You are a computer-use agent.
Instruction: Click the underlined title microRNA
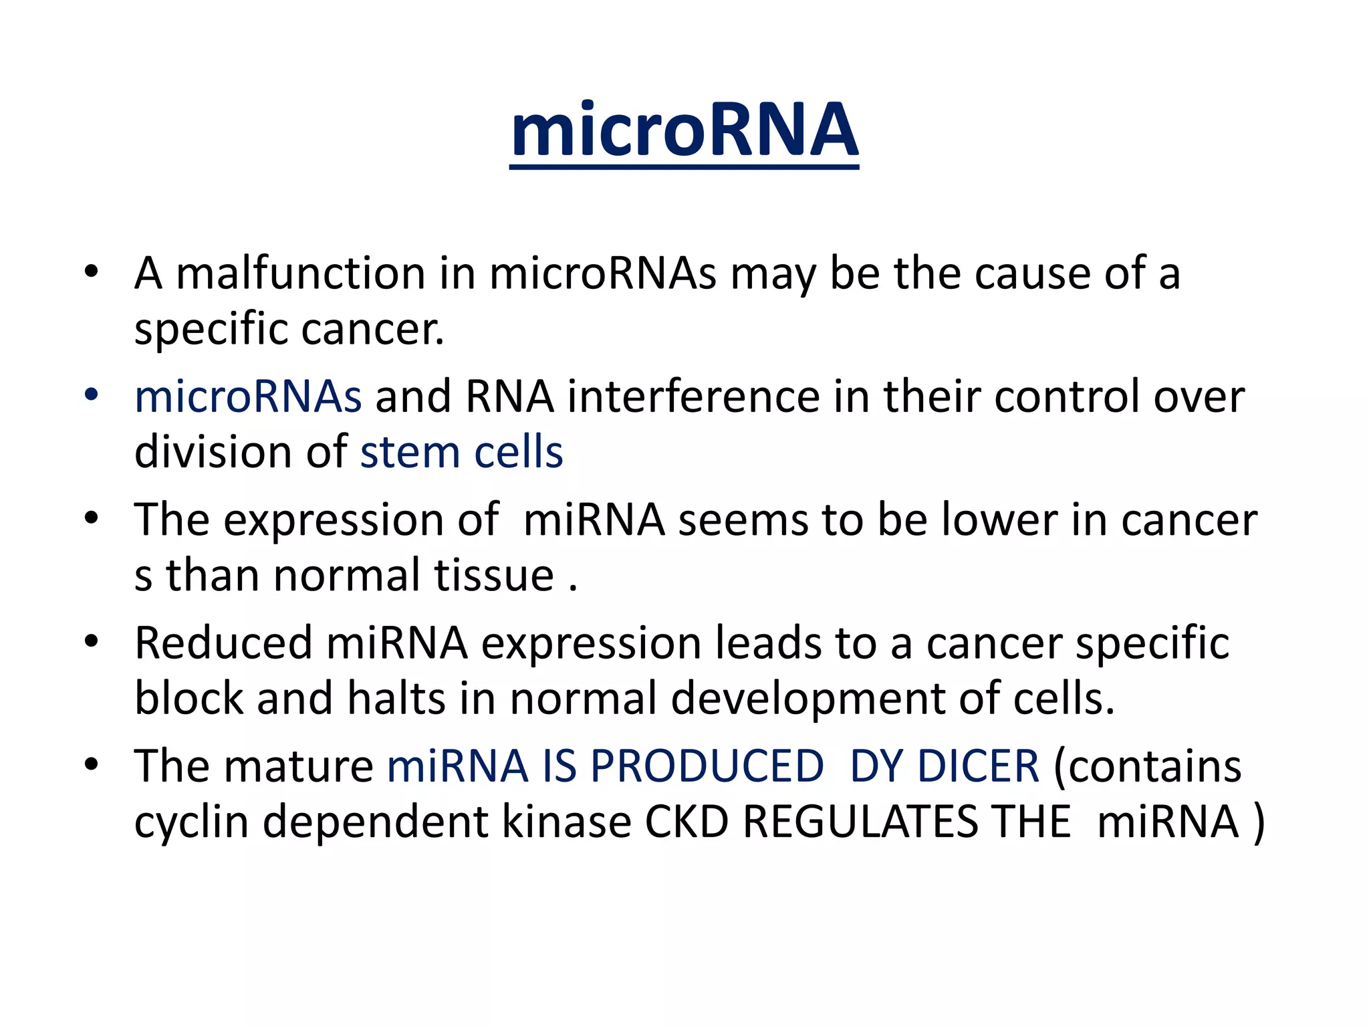tap(684, 130)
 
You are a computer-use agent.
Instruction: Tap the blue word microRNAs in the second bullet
tap(248, 396)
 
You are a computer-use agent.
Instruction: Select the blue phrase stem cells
tap(461, 453)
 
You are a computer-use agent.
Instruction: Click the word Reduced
tap(223, 643)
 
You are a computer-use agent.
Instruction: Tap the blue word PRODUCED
tap(707, 766)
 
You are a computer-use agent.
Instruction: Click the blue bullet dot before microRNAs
tap(92, 394)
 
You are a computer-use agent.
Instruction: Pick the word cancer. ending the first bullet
tap(372, 330)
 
